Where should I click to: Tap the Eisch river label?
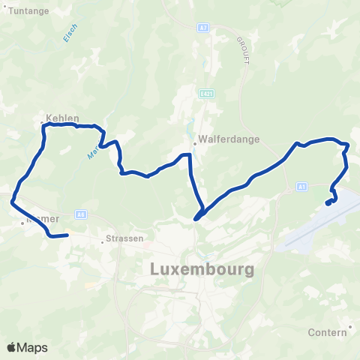pos(65,33)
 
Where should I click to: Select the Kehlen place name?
pos(62,118)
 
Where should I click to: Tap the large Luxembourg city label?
pos(202,268)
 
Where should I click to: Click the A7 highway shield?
pos(203,28)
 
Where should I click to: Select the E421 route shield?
pos(206,94)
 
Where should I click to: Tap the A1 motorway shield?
pos(301,186)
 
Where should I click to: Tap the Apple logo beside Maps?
pos(12,347)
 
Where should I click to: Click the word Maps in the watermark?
pos(33,347)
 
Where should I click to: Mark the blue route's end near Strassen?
pos(67,235)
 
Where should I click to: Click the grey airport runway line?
pos(307,232)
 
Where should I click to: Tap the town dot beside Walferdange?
pos(193,139)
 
